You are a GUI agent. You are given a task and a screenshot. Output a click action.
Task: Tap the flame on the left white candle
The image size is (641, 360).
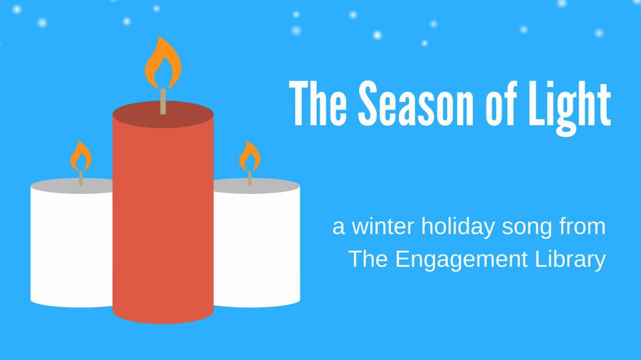coord(81,156)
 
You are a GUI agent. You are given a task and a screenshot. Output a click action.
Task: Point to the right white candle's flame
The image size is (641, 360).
coord(249,156)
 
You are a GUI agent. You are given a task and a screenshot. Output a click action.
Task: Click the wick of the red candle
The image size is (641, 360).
coord(163,101)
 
